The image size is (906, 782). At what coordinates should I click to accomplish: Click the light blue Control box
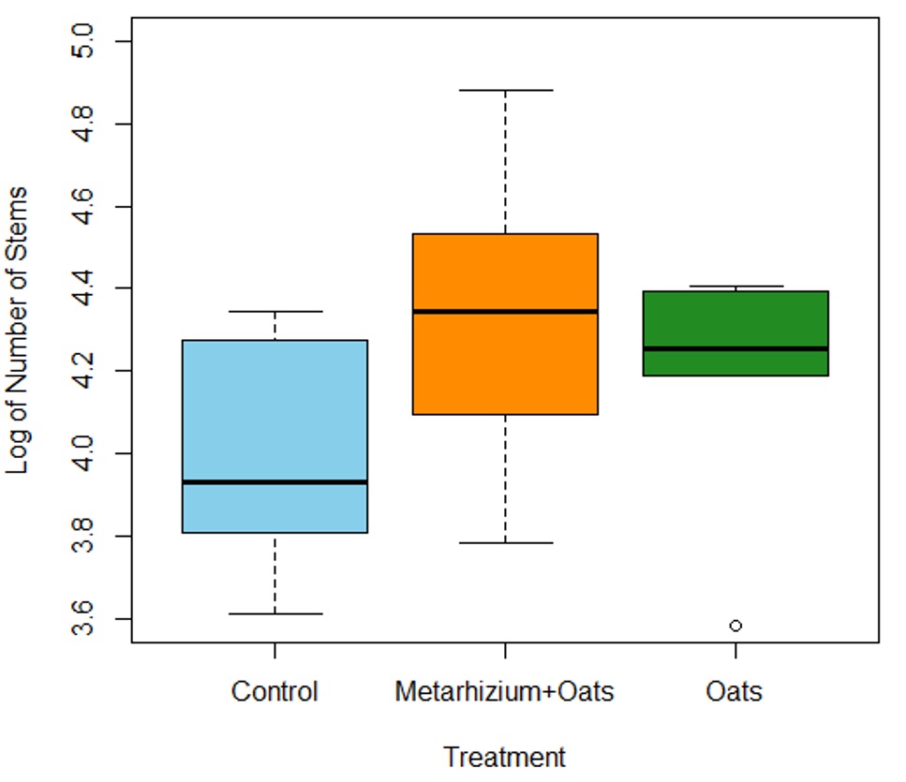(275, 412)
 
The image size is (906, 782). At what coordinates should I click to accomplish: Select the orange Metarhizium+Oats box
(505, 272)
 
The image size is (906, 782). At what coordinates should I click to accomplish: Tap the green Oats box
(735, 318)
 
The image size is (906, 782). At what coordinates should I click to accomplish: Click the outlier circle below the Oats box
(735, 626)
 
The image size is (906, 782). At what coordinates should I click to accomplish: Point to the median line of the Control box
(275, 481)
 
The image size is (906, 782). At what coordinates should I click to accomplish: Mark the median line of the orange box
(505, 311)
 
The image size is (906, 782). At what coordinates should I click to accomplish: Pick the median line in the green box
(735, 348)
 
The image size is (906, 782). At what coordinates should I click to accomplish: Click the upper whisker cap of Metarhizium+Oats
(505, 90)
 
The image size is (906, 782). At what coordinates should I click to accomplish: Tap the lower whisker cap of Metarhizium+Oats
(505, 543)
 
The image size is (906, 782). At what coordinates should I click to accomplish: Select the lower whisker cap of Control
(275, 613)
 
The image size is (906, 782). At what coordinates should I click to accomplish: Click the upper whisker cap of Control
(275, 311)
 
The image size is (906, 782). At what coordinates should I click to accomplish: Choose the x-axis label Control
(275, 692)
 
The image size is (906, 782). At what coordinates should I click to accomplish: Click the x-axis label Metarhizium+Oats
(505, 692)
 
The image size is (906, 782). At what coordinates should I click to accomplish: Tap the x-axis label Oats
(735, 692)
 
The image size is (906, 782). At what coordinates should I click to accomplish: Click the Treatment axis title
(505, 757)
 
